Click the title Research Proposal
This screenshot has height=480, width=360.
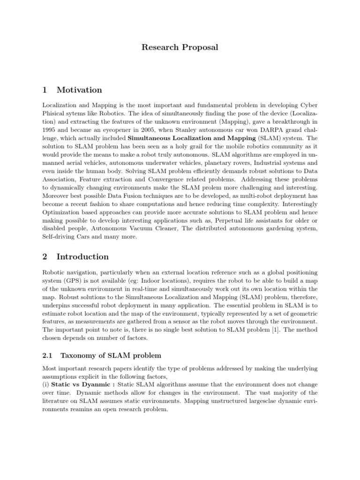(x=180, y=47)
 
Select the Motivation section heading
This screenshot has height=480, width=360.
(x=79, y=90)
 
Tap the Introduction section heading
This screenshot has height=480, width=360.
(x=82, y=256)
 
